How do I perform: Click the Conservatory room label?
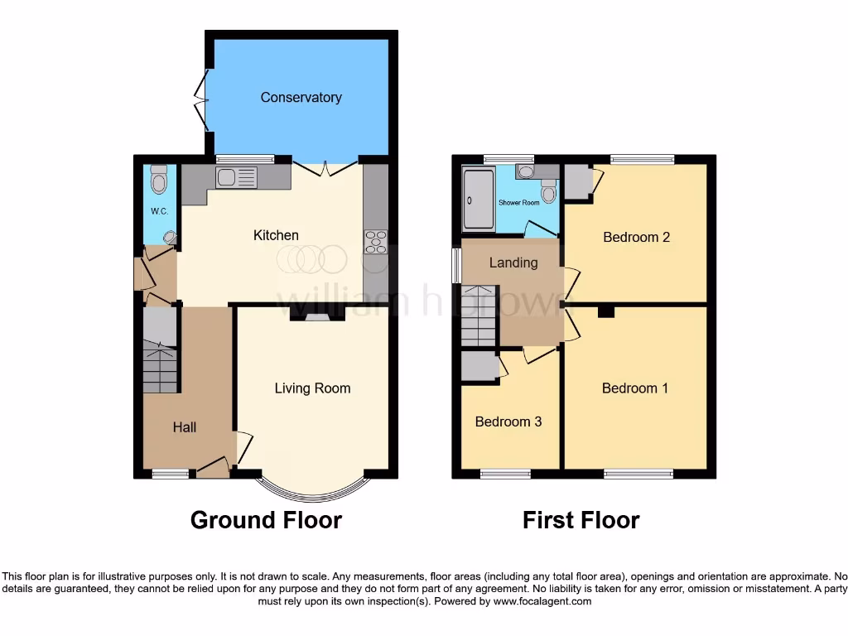pyautogui.click(x=301, y=98)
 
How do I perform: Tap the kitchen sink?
pyautogui.click(x=236, y=176)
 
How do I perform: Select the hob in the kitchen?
pyautogui.click(x=375, y=241)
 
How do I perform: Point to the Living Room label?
pyautogui.click(x=312, y=388)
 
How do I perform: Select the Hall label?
pyautogui.click(x=185, y=427)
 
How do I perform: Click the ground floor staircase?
pyautogui.click(x=160, y=369)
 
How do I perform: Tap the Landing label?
pyautogui.click(x=513, y=263)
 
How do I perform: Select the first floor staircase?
pyautogui.click(x=479, y=315)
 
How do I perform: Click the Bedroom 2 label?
pyautogui.click(x=636, y=238)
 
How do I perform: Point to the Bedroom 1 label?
pyautogui.click(x=635, y=388)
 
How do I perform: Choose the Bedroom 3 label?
pyautogui.click(x=508, y=422)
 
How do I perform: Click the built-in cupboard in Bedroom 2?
pyautogui.click(x=576, y=181)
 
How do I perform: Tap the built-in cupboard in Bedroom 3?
pyautogui.click(x=478, y=367)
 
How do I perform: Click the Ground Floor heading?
pyautogui.click(x=266, y=520)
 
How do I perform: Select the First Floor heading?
pyautogui.click(x=581, y=520)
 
